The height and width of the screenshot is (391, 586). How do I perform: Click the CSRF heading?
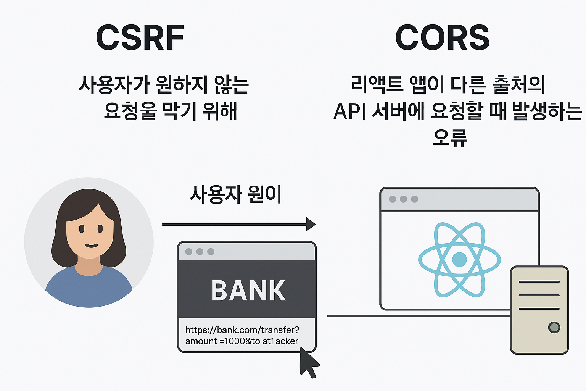(x=140, y=37)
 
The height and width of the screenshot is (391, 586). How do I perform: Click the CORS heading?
(x=442, y=37)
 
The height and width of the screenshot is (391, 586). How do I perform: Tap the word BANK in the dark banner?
(x=248, y=291)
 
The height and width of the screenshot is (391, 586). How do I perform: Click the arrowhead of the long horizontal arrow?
(x=311, y=224)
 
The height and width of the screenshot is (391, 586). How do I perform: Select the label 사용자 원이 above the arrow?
(x=235, y=194)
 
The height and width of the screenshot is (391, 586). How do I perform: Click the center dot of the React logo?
(x=459, y=259)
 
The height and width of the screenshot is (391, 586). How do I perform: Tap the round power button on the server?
(x=554, y=327)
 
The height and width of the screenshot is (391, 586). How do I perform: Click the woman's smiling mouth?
(x=91, y=245)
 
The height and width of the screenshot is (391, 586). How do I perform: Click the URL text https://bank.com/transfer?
(x=242, y=330)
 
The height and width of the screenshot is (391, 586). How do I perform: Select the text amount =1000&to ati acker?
(x=242, y=341)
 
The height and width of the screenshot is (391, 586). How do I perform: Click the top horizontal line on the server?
(x=539, y=282)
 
